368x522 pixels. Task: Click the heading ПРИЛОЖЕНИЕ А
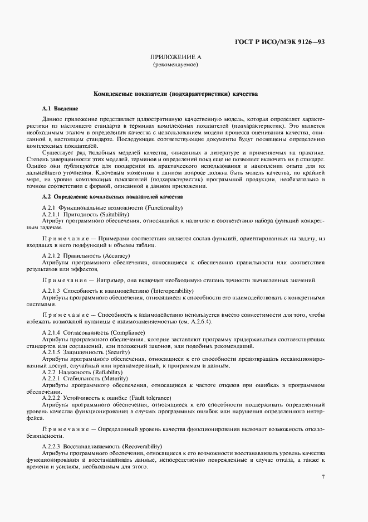[175, 57]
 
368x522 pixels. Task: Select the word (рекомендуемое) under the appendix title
[175, 65]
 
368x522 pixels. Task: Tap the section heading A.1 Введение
[60, 108]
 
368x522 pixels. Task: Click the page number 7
[323, 476]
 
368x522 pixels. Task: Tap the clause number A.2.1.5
[51, 353]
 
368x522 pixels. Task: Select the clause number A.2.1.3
[51, 291]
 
